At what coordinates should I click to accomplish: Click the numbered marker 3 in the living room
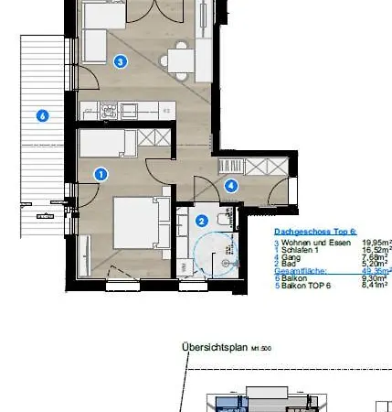119,61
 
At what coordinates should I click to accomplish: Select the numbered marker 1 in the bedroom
101,172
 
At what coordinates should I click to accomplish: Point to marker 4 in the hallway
231,185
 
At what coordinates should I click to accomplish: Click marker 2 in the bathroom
201,220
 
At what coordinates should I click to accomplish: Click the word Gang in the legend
291,256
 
